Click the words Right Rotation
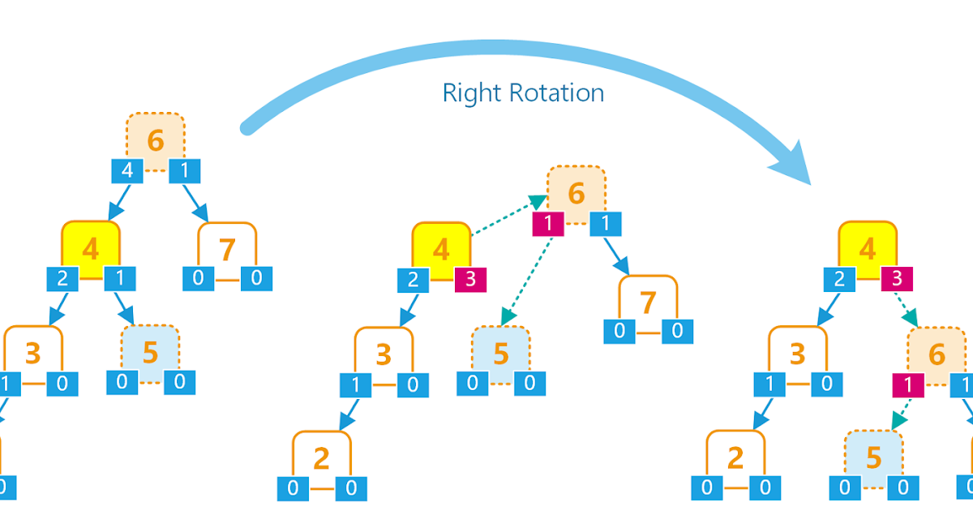coord(523,92)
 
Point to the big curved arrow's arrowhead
coord(795,165)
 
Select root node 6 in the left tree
coord(155,141)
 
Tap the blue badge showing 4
coord(127,171)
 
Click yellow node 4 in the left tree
coord(91,248)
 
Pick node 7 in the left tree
coord(228,251)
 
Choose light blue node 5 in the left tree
coord(151,353)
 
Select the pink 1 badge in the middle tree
coord(549,225)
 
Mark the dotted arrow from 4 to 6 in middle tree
coord(508,217)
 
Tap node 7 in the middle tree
coord(648,303)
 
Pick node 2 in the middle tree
coord(322,458)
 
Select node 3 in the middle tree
coord(384,354)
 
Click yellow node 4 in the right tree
coord(868,248)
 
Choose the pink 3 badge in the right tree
coord(897,280)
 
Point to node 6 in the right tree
coord(937,354)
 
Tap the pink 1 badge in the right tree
coord(907,385)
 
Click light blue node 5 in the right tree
coord(873,457)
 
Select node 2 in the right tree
coord(735,458)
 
